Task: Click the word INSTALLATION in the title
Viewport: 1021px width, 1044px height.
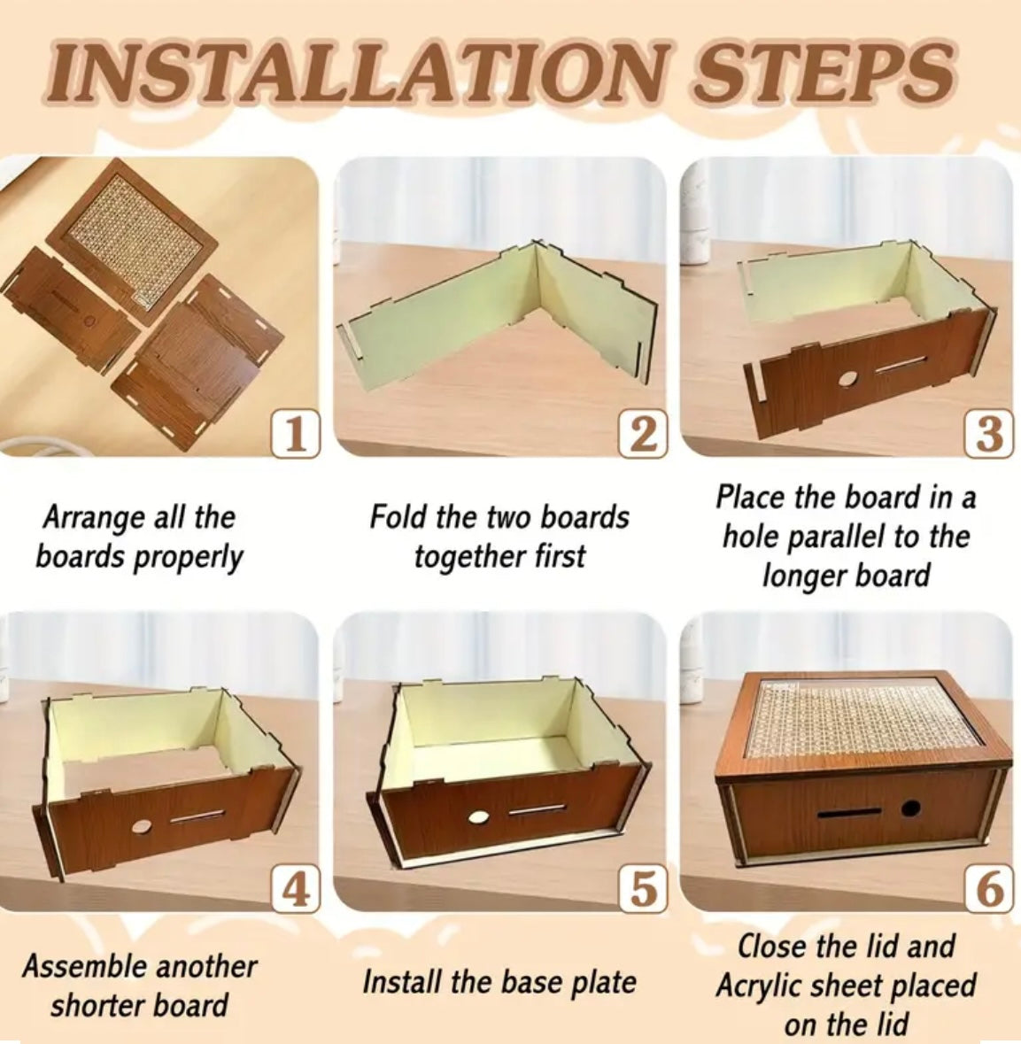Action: tap(355, 72)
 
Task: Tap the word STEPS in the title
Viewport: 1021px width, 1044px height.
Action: tap(824, 72)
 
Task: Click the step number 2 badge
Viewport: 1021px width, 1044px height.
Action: tap(642, 433)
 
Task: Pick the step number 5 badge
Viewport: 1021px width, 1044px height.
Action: tap(642, 889)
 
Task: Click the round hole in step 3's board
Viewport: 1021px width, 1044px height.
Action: tap(847, 380)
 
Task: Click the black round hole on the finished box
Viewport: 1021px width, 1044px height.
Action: tap(909, 809)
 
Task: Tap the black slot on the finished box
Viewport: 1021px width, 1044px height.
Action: tap(848, 815)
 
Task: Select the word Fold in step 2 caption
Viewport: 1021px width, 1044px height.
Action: tap(396, 516)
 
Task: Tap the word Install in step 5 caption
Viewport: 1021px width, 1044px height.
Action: tap(400, 982)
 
